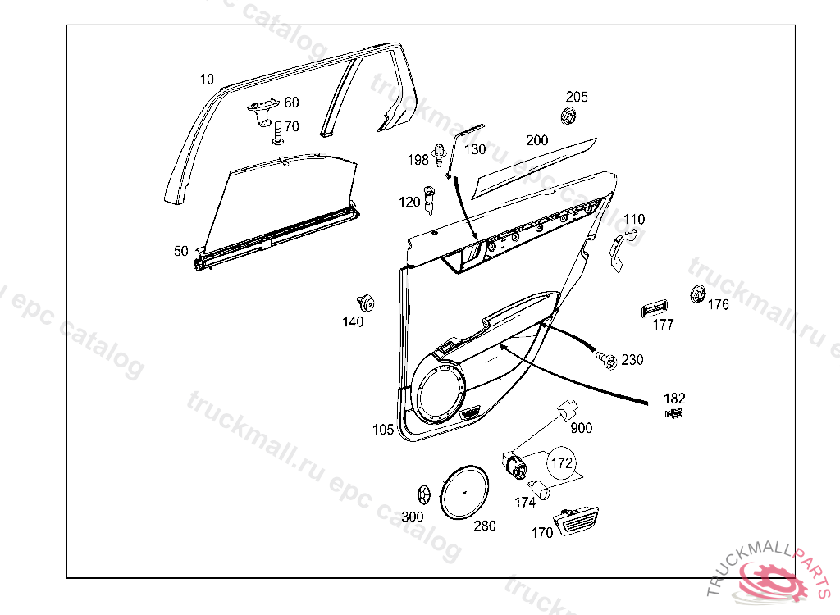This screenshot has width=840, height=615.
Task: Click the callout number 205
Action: coord(577,97)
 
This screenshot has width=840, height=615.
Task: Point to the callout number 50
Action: coord(181,251)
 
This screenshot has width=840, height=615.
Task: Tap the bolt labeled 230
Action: coord(607,359)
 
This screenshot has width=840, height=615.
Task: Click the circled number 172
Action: coord(561,463)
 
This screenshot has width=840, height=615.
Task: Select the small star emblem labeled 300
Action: coord(424,495)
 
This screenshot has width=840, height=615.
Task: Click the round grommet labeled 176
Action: coord(697,293)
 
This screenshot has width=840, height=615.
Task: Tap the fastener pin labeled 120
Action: coord(430,198)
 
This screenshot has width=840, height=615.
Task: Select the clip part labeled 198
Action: coord(441,154)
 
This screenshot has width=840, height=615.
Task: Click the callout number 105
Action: coord(383,429)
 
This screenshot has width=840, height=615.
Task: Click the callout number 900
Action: coord(581,428)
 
